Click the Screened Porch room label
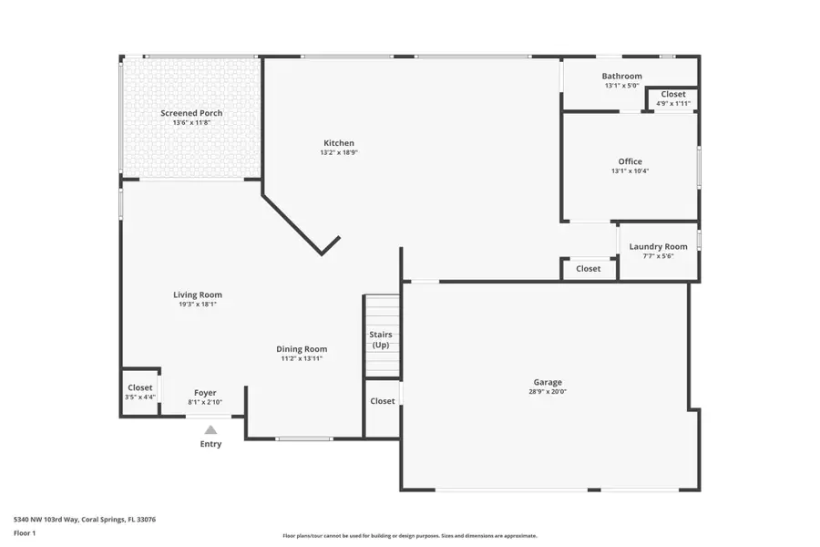click(x=191, y=113)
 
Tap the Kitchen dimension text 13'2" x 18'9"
click(x=338, y=153)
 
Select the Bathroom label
click(x=621, y=76)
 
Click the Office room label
click(x=630, y=161)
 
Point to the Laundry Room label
click(x=658, y=246)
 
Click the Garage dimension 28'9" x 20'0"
click(x=548, y=392)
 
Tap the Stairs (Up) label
click(x=381, y=340)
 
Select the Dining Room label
click(x=302, y=349)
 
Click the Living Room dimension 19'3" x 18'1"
click(x=198, y=304)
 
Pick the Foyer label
click(x=205, y=392)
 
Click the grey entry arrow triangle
click(x=210, y=429)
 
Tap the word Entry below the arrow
click(x=210, y=444)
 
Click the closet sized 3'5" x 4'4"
click(x=140, y=392)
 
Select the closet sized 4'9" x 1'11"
click(x=673, y=98)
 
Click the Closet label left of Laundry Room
click(x=588, y=269)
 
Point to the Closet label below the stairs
click(x=383, y=401)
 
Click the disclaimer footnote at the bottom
click(x=410, y=536)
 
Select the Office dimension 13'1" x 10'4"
click(x=630, y=170)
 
